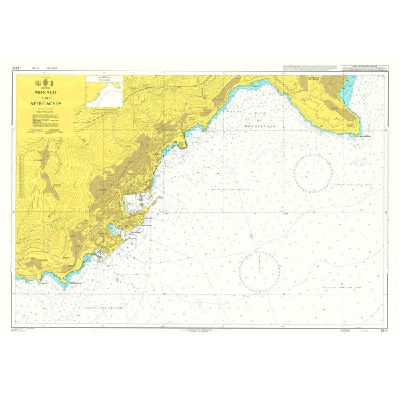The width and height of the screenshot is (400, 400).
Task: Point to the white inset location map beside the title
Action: pyautogui.click(x=103, y=90)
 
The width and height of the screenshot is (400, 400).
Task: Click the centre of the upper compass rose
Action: pyautogui.click(x=312, y=173)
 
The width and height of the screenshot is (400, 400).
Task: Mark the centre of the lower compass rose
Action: pyautogui.click(x=259, y=271)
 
